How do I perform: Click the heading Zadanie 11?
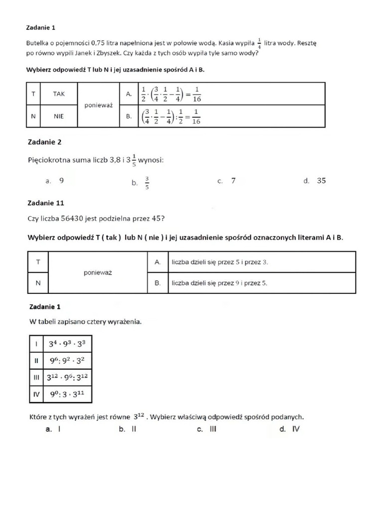coord(46,203)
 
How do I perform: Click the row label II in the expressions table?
coord(36,362)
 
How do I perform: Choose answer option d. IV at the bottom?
coord(290,429)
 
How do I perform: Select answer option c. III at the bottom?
coord(207,429)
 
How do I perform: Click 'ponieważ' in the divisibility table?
coord(98,272)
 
